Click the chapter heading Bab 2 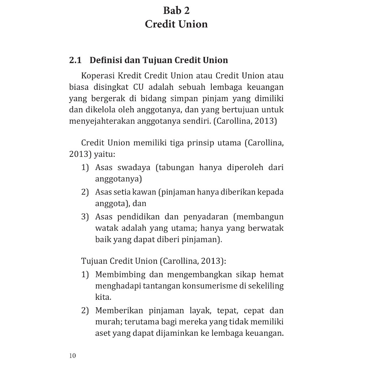click(x=176, y=11)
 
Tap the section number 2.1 click(x=75, y=60)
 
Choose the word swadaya click(x=134, y=167)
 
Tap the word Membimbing click(x=120, y=275)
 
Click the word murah click(x=108, y=322)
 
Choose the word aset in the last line click(x=103, y=333)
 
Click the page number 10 click(x=72, y=356)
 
